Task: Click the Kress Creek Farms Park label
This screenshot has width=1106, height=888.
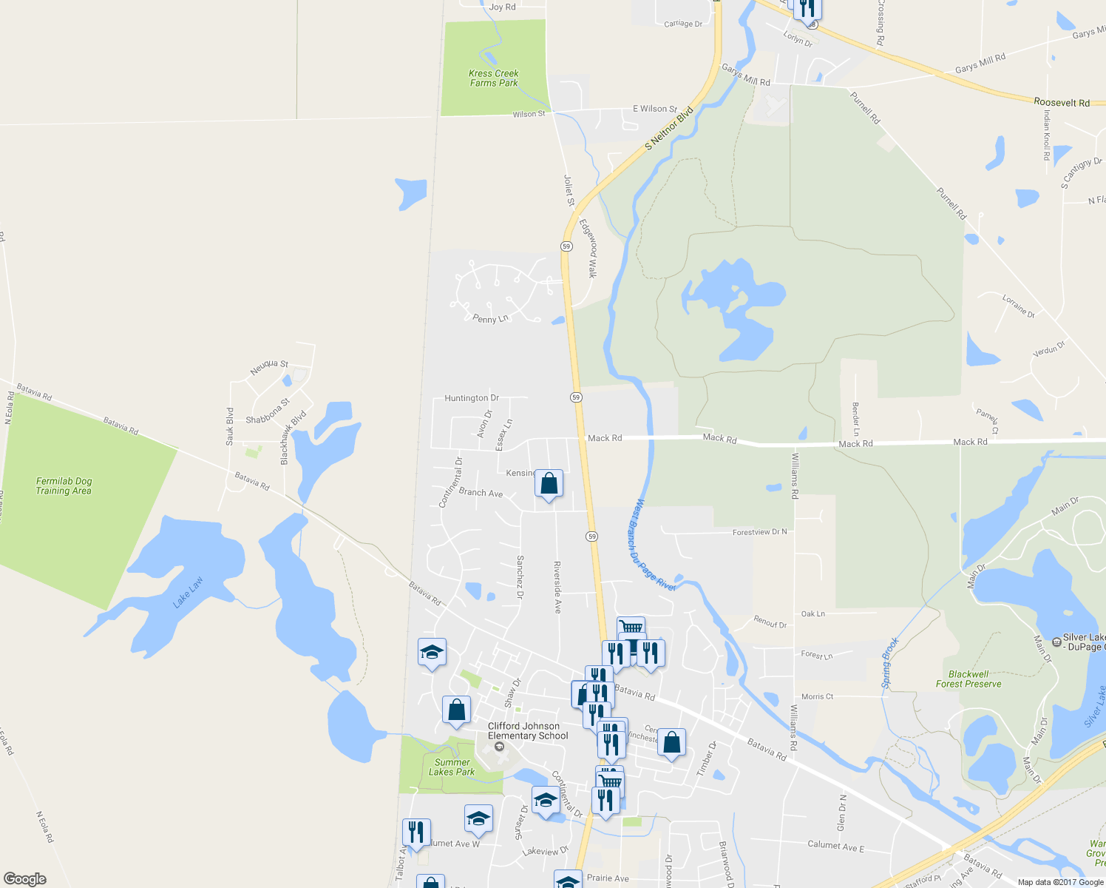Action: pos(494,78)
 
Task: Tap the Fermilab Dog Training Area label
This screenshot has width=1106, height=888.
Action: pos(64,486)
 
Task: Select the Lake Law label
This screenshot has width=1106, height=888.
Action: pos(188,593)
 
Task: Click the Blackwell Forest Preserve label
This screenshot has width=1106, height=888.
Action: pos(968,679)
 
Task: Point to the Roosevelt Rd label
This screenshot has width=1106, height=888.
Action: pos(1062,103)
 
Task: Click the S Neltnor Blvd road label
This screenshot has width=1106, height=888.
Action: pos(669,129)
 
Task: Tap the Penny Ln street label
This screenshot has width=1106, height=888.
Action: pos(490,319)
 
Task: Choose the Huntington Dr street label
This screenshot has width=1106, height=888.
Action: pos(472,398)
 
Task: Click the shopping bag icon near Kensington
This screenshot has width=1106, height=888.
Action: pos(549,484)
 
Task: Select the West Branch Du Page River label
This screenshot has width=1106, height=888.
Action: pos(654,545)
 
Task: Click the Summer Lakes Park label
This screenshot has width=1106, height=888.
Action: pos(452,767)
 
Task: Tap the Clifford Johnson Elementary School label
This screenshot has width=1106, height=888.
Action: pos(528,731)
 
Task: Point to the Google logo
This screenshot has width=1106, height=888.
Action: pos(25,879)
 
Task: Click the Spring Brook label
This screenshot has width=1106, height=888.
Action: pos(890,662)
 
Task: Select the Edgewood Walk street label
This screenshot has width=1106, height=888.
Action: pos(588,248)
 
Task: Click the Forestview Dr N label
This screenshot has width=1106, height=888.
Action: pos(759,532)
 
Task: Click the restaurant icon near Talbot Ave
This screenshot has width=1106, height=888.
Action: pos(416,832)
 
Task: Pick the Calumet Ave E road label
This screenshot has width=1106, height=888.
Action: pos(835,845)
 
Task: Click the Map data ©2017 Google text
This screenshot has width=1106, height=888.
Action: pos(1060,882)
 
